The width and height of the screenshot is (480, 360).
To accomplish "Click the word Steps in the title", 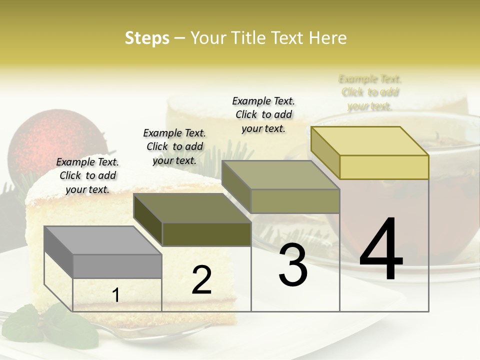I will [147, 38].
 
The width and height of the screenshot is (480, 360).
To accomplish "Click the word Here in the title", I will [328, 38].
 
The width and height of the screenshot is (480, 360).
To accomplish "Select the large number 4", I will [381, 250].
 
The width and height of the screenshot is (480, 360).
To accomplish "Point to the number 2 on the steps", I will [201, 280].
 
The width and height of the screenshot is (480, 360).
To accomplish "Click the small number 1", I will [116, 295].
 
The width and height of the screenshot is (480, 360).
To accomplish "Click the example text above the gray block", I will [87, 175].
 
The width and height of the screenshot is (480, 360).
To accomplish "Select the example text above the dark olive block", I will [174, 146].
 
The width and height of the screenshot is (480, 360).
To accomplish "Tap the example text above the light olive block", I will [263, 114].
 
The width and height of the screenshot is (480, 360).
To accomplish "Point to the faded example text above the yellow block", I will [370, 92].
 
